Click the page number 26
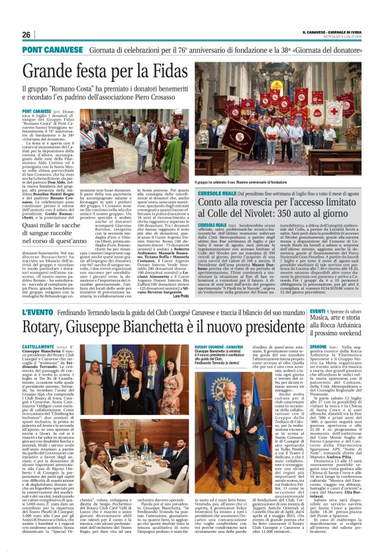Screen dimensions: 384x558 click(26, 35)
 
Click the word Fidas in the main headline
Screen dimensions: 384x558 click(168, 70)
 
